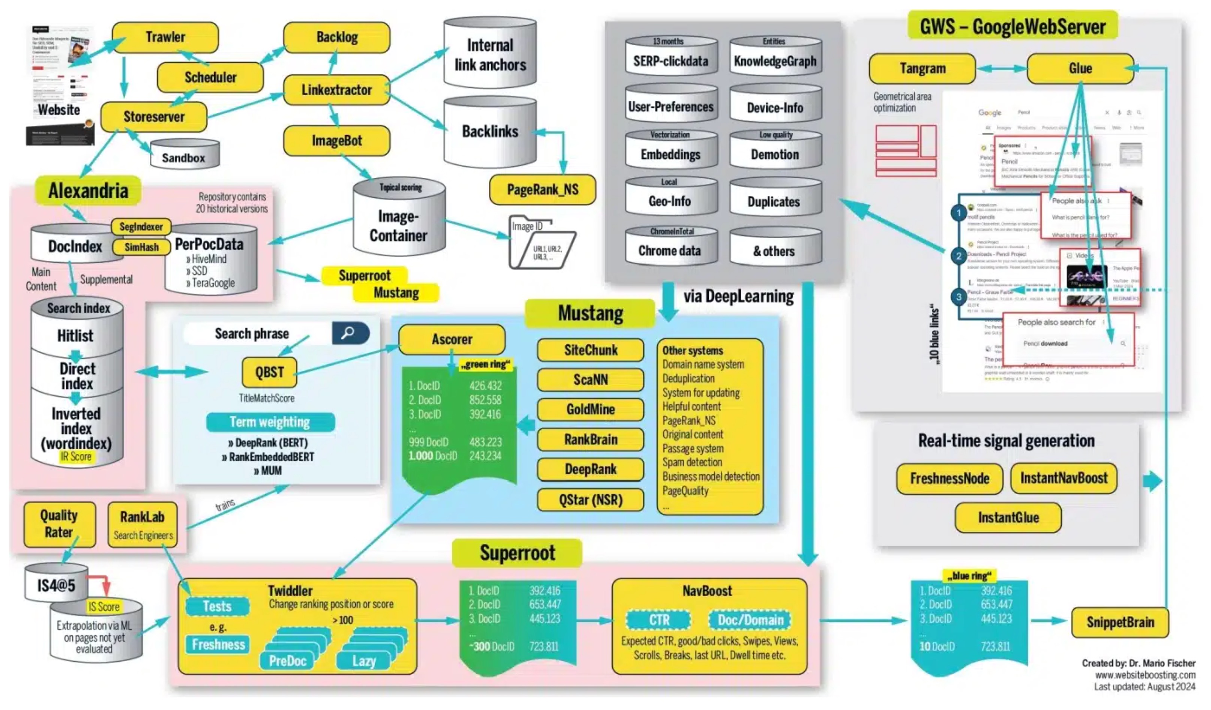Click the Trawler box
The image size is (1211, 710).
tap(165, 37)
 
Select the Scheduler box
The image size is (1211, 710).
tap(210, 77)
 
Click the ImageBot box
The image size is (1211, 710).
tap(337, 141)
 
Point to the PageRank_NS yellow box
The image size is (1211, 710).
tap(542, 190)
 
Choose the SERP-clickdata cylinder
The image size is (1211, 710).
tap(671, 58)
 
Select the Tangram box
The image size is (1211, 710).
tap(922, 69)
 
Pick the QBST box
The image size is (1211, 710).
tap(269, 372)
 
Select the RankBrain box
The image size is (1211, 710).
tap(590, 439)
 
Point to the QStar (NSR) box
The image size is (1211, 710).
tap(590, 500)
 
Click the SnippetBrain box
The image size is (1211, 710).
tap(1120, 623)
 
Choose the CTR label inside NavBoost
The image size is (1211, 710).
tap(658, 620)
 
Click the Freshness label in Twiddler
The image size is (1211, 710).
tap(218, 645)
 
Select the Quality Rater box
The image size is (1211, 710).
tap(59, 524)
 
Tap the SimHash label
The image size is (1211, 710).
tap(141, 247)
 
